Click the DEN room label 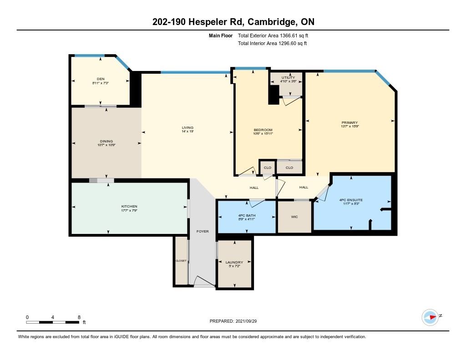point(101,79)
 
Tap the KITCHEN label point(129,206)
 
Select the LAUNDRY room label point(234,262)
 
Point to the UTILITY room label point(288,77)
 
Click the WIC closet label point(294,217)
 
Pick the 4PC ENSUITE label point(351,200)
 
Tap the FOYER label point(203,231)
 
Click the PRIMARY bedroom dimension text point(350,127)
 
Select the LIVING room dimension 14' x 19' point(187,132)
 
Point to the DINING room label point(106,141)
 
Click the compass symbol point(431,317)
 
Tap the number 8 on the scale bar point(79,317)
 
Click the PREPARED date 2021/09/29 point(246,321)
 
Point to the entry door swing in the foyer point(204,282)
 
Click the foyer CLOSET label point(181,261)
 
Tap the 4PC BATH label point(247,215)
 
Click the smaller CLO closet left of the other point(268,167)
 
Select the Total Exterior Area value point(294,35)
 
